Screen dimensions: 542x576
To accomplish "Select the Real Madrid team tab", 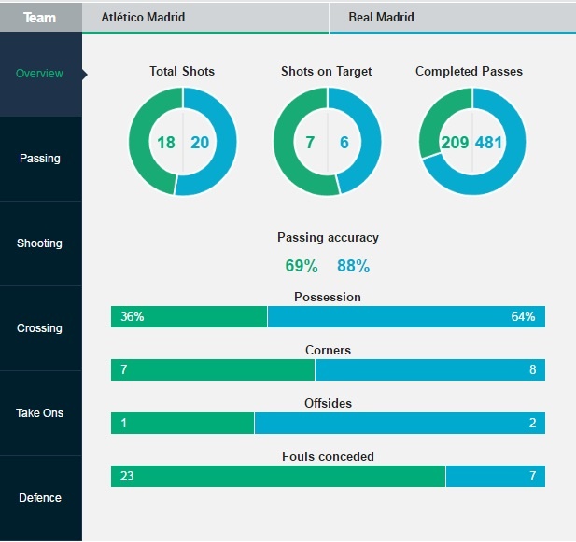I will (381, 18).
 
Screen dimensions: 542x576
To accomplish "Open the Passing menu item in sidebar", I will (40, 159).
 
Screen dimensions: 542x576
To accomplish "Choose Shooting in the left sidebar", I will (40, 243).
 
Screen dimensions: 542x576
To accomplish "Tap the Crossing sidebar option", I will (40, 328).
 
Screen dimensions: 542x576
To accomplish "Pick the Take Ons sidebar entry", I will (40, 412).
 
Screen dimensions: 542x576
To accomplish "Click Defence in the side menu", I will (40, 497).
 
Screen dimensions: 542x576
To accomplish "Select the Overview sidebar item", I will (40, 74).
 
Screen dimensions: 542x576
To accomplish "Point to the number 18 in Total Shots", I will (166, 143).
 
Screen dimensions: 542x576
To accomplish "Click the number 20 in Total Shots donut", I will (200, 143).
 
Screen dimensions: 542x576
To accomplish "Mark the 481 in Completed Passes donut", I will (489, 143).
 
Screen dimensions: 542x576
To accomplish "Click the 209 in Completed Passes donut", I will (455, 143).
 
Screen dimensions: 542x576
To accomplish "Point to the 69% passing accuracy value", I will (302, 266).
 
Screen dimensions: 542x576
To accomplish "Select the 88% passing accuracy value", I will (353, 266).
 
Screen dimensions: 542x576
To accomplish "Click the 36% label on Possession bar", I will (132, 317).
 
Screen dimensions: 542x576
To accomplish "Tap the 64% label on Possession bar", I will (523, 317).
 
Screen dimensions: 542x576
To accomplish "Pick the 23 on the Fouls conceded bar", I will (127, 477).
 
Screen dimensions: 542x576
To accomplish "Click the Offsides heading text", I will (328, 403).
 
